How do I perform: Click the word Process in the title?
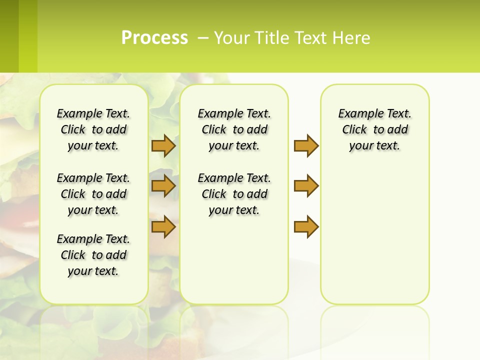pos(154,38)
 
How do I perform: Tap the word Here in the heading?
pos(352,38)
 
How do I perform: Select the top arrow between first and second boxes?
pos(163,145)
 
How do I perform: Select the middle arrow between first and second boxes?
pos(163,186)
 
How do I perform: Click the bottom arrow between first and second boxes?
pos(163,226)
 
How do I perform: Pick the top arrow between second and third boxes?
pos(306,145)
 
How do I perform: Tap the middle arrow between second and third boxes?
pos(306,186)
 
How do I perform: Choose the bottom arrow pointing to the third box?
pos(306,226)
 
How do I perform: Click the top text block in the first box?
pos(93,129)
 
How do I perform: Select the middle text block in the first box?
pos(93,194)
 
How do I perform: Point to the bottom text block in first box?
pos(93,255)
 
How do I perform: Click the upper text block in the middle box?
pos(234,129)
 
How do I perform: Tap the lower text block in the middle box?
pos(234,194)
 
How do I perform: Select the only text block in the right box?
pos(374,129)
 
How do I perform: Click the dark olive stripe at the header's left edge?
pos(9,36)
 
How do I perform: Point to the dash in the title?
pos(203,38)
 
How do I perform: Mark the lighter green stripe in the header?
pos(28,36)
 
